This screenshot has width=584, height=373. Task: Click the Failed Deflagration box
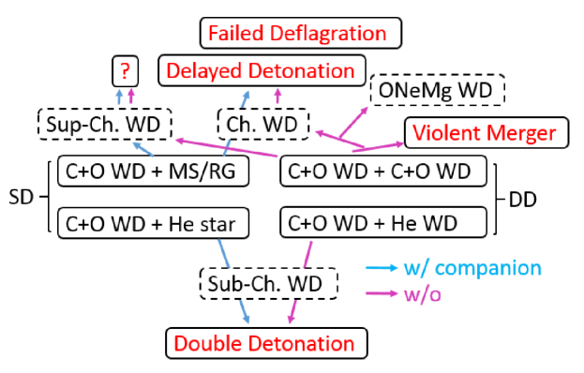click(297, 35)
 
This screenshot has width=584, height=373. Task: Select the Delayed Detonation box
click(260, 70)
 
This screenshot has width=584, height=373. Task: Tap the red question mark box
click(124, 70)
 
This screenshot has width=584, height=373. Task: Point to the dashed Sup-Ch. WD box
click(105, 123)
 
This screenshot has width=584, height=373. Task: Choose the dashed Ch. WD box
click(254, 123)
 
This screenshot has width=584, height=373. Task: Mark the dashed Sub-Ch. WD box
click(269, 282)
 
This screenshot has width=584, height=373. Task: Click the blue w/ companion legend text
click(472, 269)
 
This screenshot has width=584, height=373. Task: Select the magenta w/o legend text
click(424, 295)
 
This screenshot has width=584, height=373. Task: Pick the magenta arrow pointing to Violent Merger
click(380, 144)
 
